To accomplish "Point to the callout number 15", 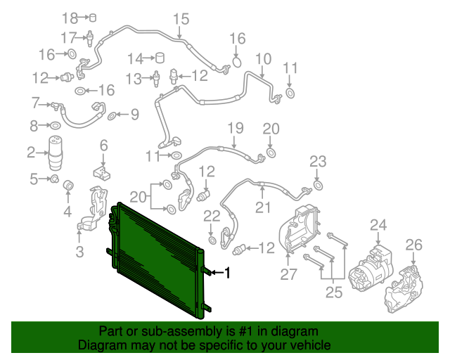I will [181, 19].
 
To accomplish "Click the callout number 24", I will [379, 225].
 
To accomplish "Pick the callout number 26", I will [413, 245].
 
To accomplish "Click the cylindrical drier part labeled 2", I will [56, 154].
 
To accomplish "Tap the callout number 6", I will [103, 146].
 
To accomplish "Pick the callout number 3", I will [79, 252].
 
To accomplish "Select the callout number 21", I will [262, 207].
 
